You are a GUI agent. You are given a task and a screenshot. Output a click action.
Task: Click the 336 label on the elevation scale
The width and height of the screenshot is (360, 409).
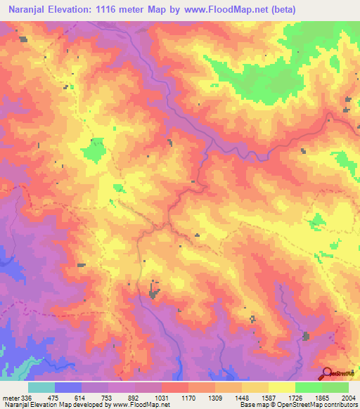[27, 398]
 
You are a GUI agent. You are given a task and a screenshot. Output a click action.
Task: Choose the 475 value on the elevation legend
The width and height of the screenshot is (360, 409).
[55, 398]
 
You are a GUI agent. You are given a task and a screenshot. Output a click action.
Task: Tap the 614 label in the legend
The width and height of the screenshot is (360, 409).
[82, 398]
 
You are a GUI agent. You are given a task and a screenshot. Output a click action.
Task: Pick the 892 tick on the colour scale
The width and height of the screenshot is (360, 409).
[135, 398]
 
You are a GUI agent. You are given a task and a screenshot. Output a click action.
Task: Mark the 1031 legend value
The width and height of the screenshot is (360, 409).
[162, 398]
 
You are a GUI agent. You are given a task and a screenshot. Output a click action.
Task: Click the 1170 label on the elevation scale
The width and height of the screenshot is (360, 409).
[188, 398]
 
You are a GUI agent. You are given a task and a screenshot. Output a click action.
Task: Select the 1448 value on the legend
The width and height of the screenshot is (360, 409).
[242, 398]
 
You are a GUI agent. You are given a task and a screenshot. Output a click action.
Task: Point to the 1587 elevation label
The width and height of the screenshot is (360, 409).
[269, 398]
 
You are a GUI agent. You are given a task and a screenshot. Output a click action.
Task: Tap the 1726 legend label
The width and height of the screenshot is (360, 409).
[295, 398]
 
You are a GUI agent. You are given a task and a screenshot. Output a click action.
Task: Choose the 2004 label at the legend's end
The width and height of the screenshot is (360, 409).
[349, 398]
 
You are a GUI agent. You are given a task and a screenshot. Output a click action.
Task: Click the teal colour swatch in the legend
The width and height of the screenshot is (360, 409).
[41, 387]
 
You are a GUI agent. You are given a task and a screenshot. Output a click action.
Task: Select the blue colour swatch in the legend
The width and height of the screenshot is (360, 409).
[68, 387]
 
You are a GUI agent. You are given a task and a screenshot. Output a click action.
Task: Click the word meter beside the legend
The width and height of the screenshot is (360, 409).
[11, 398]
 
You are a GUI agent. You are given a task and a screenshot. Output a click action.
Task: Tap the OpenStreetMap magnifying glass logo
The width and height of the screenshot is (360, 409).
[327, 374]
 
